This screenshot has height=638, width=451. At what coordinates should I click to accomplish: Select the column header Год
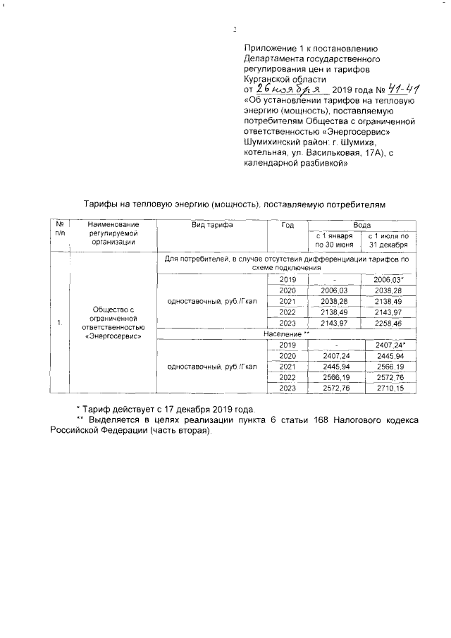click(287, 225)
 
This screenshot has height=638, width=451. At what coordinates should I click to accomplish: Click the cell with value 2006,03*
click(388, 280)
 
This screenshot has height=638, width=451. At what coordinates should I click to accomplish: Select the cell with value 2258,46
click(388, 323)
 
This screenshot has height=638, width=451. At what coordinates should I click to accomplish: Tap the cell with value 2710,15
click(388, 388)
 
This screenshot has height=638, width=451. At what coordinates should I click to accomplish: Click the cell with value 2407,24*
click(388, 345)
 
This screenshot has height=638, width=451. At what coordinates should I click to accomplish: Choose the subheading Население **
click(287, 333)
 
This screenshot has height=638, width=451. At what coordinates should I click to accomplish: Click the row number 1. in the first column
click(60, 323)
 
